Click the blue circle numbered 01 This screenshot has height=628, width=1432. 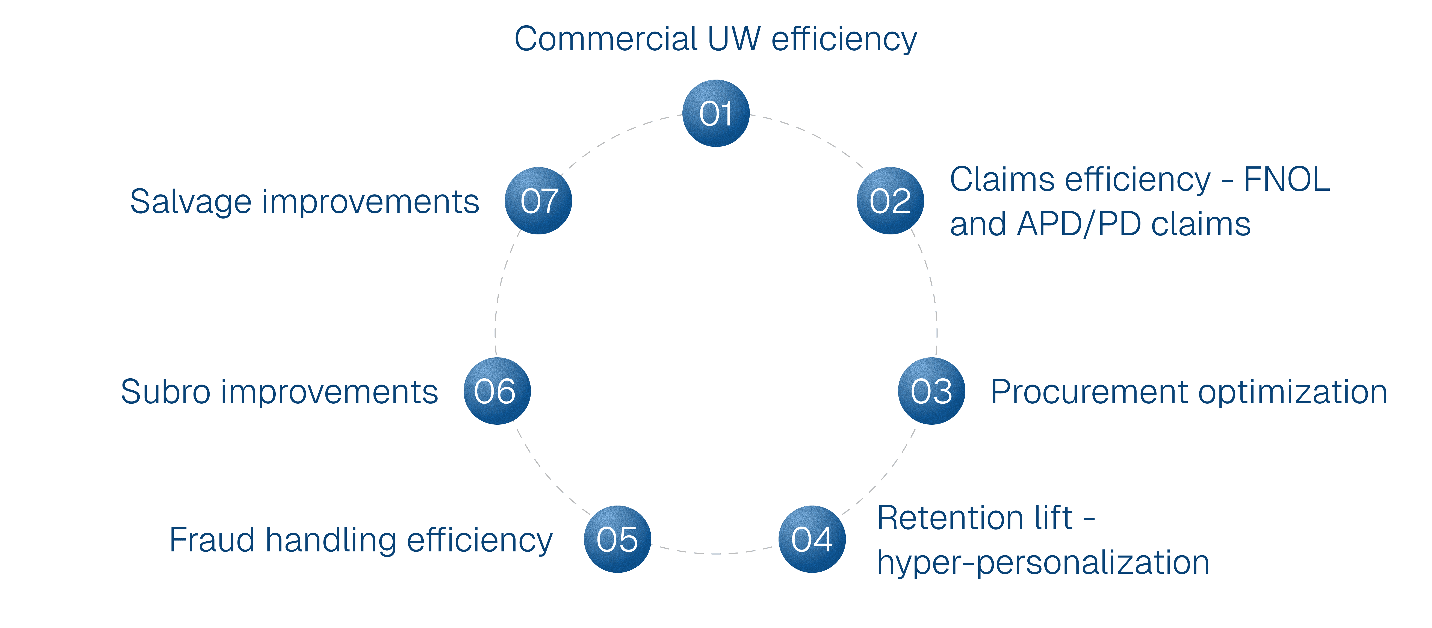coord(716,113)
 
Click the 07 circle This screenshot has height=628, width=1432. coord(538,201)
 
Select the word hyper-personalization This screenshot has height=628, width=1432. coord(1043,562)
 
